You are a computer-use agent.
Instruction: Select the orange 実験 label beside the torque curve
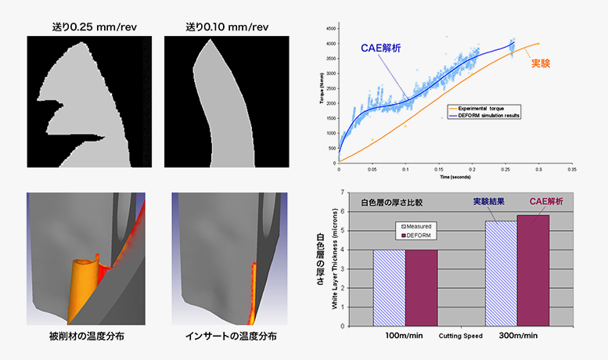541,63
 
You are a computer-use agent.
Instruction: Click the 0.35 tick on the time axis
573,168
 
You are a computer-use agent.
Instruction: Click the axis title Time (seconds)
454,178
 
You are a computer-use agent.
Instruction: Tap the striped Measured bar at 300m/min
501,273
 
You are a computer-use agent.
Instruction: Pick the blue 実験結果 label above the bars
494,201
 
